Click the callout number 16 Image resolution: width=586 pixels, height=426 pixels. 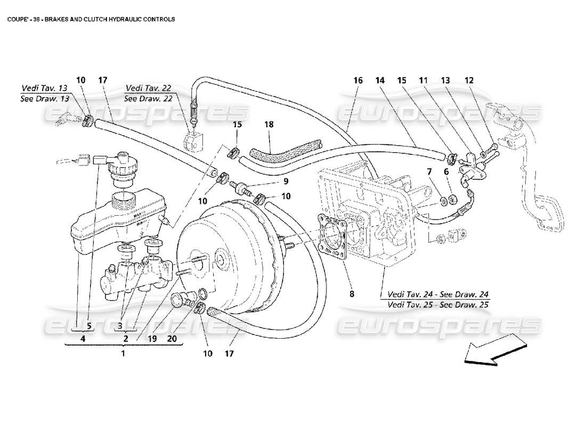(357, 80)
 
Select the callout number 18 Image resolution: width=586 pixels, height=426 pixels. (269, 124)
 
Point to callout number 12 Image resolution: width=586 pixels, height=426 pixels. (469, 80)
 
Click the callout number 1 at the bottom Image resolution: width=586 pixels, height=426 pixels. (123, 353)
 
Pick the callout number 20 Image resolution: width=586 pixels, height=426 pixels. (172, 338)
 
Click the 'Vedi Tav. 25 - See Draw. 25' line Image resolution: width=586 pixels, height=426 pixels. (437, 305)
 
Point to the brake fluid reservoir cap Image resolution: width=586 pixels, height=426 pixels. (123, 159)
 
